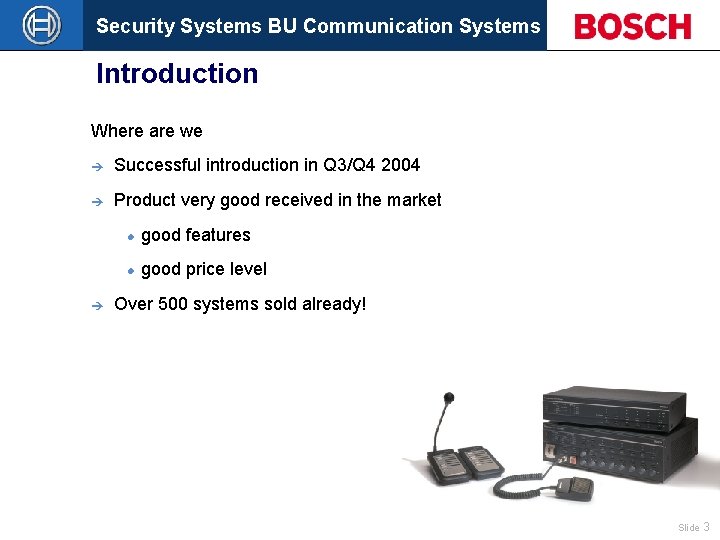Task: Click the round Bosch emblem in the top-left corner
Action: pyautogui.click(x=41, y=25)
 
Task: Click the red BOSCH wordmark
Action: pyautogui.click(x=632, y=26)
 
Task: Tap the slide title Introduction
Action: pyautogui.click(x=177, y=74)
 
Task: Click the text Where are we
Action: pyautogui.click(x=146, y=131)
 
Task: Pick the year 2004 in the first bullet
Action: pyautogui.click(x=400, y=165)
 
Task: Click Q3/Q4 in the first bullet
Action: pyautogui.click(x=349, y=165)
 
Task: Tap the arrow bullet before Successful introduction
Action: pyautogui.click(x=97, y=166)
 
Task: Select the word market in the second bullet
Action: pyautogui.click(x=413, y=200)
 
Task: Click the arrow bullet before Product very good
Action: pyautogui.click(x=97, y=201)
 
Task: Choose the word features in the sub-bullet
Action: pyautogui.click(x=217, y=235)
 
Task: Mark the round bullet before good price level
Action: pyautogui.click(x=130, y=270)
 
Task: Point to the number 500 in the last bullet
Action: pyautogui.click(x=173, y=304)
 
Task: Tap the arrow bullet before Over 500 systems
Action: pyautogui.click(x=97, y=305)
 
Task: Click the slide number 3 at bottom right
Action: pyautogui.click(x=706, y=527)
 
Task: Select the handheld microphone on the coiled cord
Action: pyautogui.click(x=574, y=487)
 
